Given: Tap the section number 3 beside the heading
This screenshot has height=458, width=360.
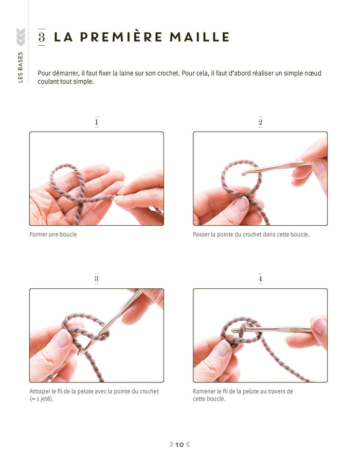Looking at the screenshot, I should point(42,37).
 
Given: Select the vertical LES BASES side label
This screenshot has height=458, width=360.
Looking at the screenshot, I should point(20,66).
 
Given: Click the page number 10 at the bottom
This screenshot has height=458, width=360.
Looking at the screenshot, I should point(179,445).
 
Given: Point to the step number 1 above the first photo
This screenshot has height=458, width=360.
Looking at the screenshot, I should point(96,122).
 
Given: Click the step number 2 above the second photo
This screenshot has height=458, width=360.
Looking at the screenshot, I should point(260,122).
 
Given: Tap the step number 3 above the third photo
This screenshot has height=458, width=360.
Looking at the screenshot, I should point(96,279).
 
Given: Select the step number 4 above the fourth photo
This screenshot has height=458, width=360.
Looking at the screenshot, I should point(260,279).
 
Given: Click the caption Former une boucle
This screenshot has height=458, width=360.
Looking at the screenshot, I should point(53,235).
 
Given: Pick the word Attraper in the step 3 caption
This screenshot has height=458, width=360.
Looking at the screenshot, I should point(41,391).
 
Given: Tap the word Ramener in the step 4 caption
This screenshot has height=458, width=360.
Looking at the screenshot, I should point(205,391).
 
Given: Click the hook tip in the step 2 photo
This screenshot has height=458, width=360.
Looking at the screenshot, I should point(243,172).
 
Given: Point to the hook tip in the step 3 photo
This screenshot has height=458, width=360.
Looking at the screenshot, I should point(82,352).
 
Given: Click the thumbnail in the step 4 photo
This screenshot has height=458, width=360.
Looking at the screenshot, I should point(222,349).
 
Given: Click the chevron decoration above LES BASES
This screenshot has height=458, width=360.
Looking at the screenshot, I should point(21,36).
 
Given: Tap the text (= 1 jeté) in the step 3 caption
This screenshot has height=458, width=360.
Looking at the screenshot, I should point(41,399).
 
